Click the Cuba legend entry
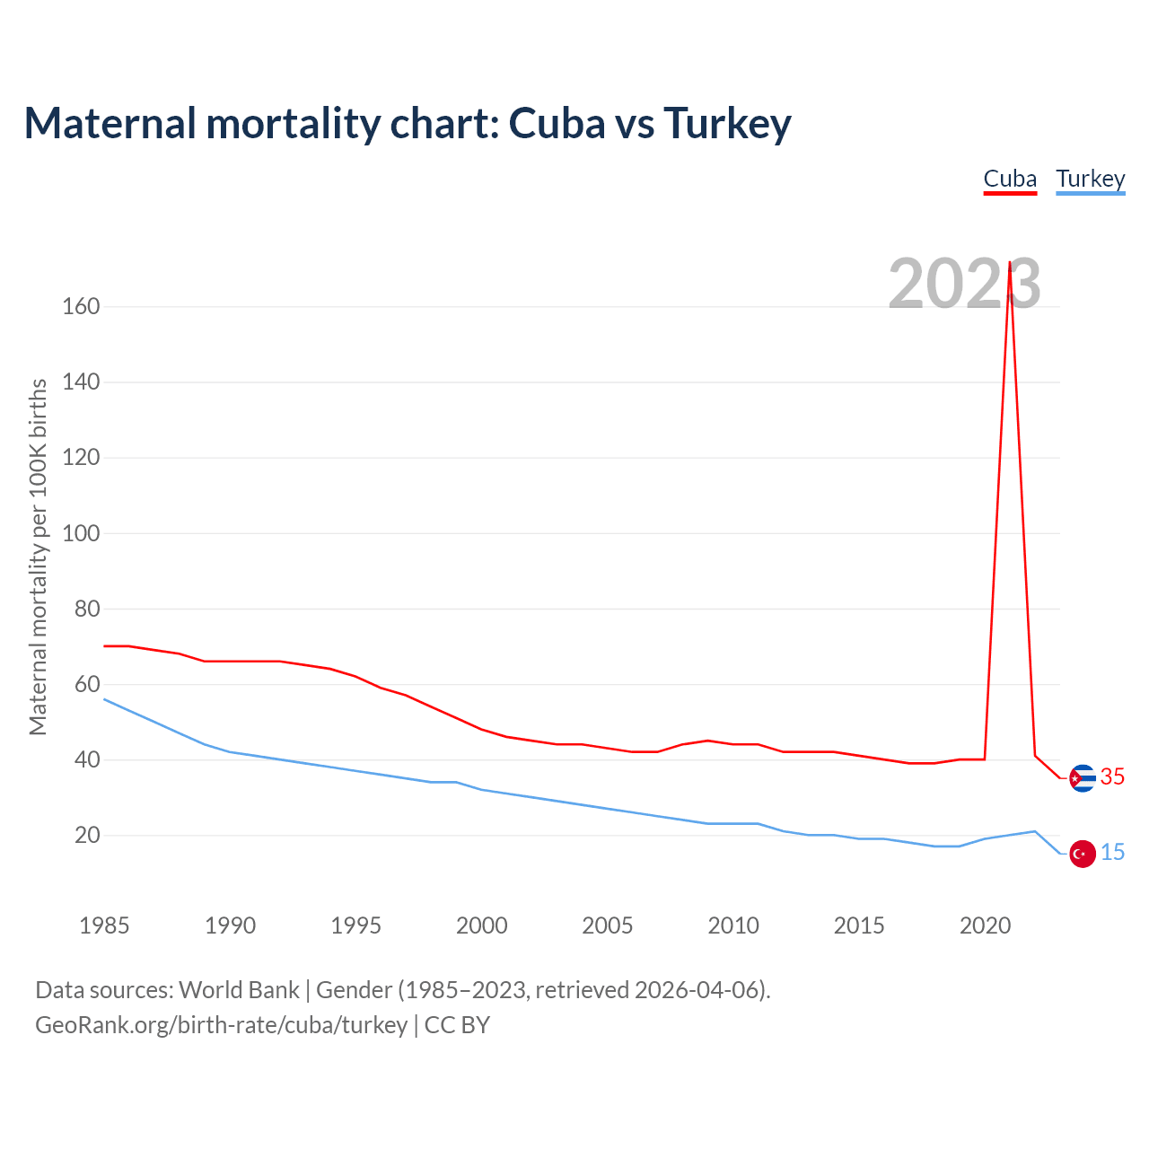[x=1010, y=179]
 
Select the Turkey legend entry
[x=1091, y=179]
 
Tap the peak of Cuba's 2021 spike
[x=1010, y=263]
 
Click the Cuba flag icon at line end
[x=1083, y=777]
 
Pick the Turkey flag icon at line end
[x=1083, y=854]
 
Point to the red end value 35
[x=1112, y=777]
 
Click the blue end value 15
[x=1112, y=853]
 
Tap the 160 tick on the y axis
[x=81, y=307]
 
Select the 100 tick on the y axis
[x=81, y=533]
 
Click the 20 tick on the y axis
[x=87, y=836]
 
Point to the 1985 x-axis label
[x=104, y=925]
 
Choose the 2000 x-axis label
[x=482, y=925]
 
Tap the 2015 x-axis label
[x=859, y=925]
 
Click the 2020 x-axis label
[x=985, y=925]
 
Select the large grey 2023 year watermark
[x=964, y=284]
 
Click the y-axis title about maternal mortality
[x=38, y=557]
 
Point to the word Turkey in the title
[x=727, y=124]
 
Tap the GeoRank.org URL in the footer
[x=221, y=1025]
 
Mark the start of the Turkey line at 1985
[x=104, y=699]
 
